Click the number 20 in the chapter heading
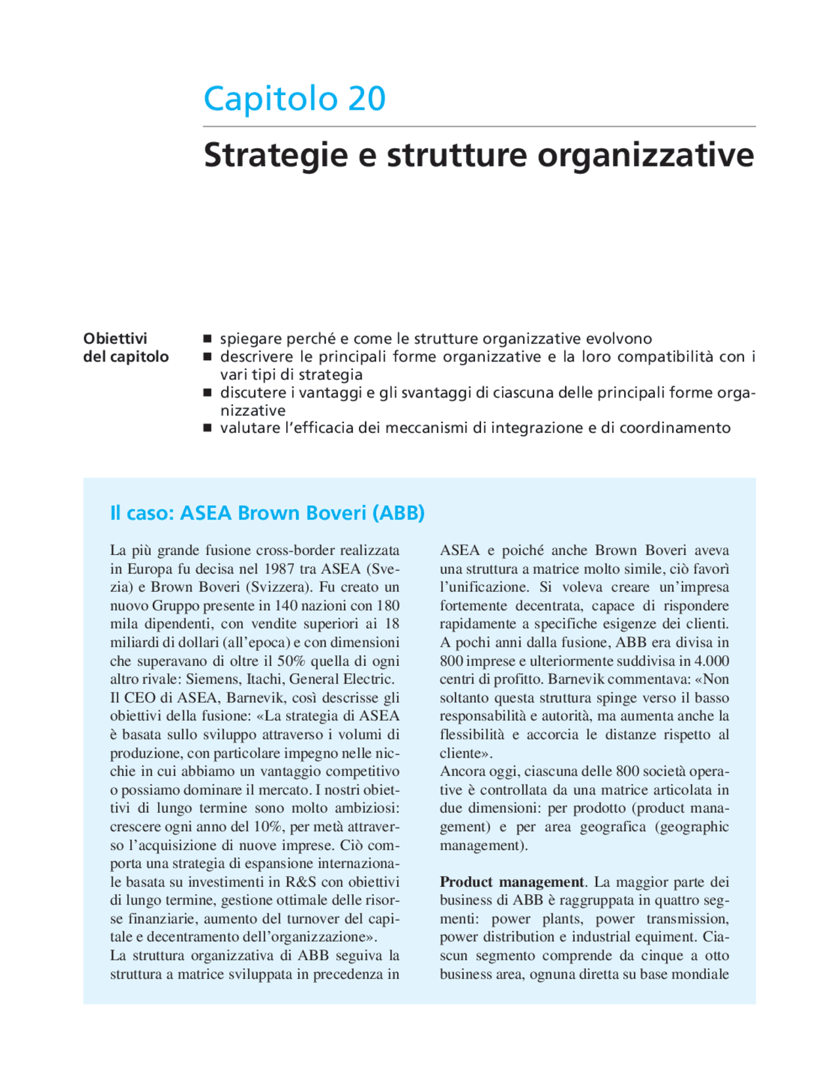point(366,99)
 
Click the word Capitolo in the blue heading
point(270,99)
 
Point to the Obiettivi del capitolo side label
point(125,348)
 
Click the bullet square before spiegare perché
point(207,339)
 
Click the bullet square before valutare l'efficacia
point(207,428)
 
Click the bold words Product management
point(511,882)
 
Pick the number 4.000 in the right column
point(712,661)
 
